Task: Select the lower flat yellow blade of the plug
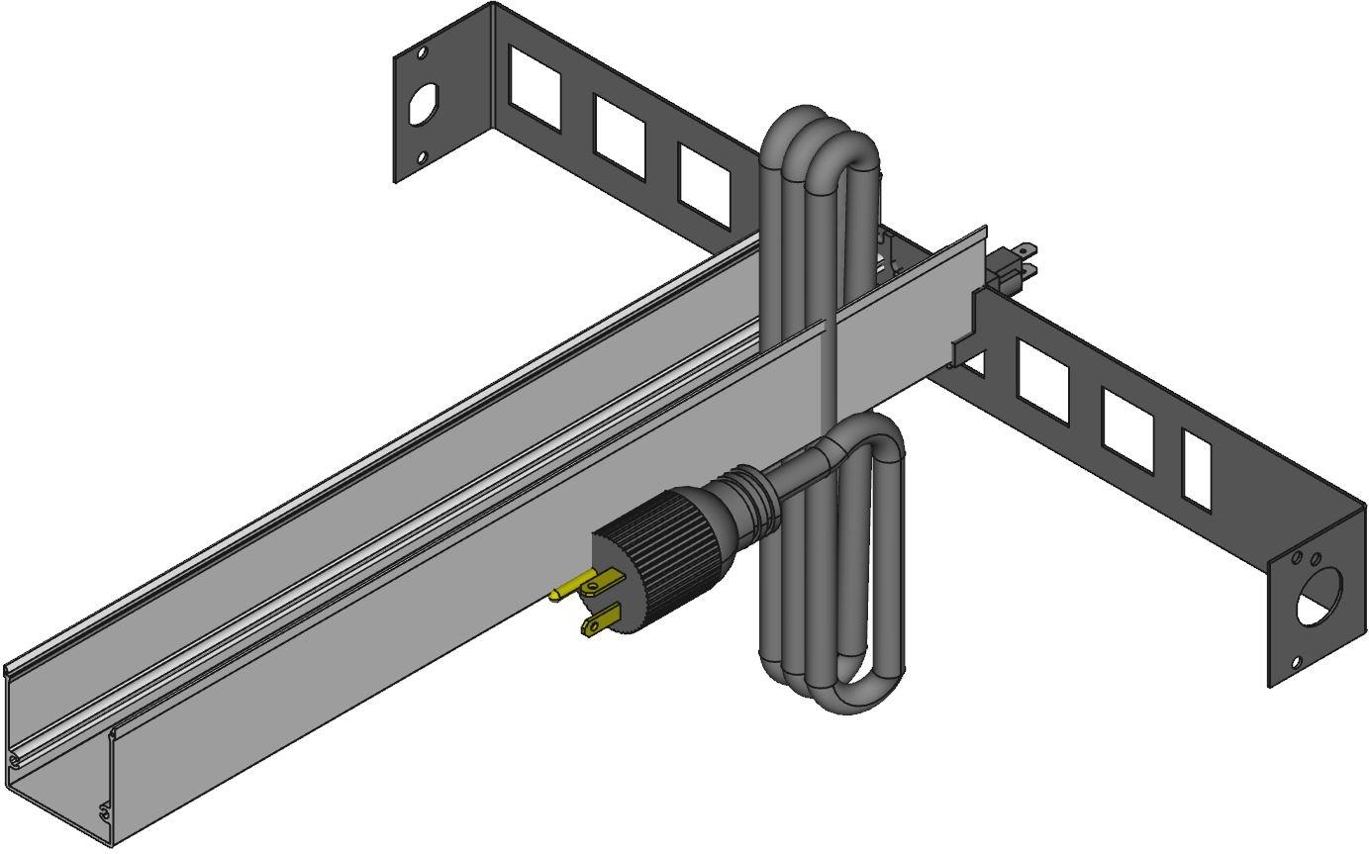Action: (600, 620)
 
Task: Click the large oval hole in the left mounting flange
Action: (422, 104)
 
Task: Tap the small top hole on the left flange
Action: (421, 51)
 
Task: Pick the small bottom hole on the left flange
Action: (421, 156)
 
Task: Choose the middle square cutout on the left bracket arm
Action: (619, 137)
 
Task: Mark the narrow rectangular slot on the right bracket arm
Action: (1197, 469)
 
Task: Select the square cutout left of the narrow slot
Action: (1127, 429)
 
